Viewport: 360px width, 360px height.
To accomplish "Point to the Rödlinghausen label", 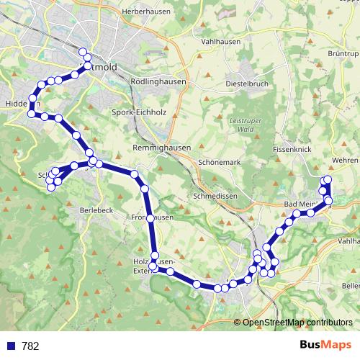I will pos(158,82).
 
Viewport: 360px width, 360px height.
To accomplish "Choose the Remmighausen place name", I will pos(162,147).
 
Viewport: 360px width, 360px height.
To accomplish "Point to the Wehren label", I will pos(346,160).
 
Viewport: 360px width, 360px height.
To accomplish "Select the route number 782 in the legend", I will pos(31,346).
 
